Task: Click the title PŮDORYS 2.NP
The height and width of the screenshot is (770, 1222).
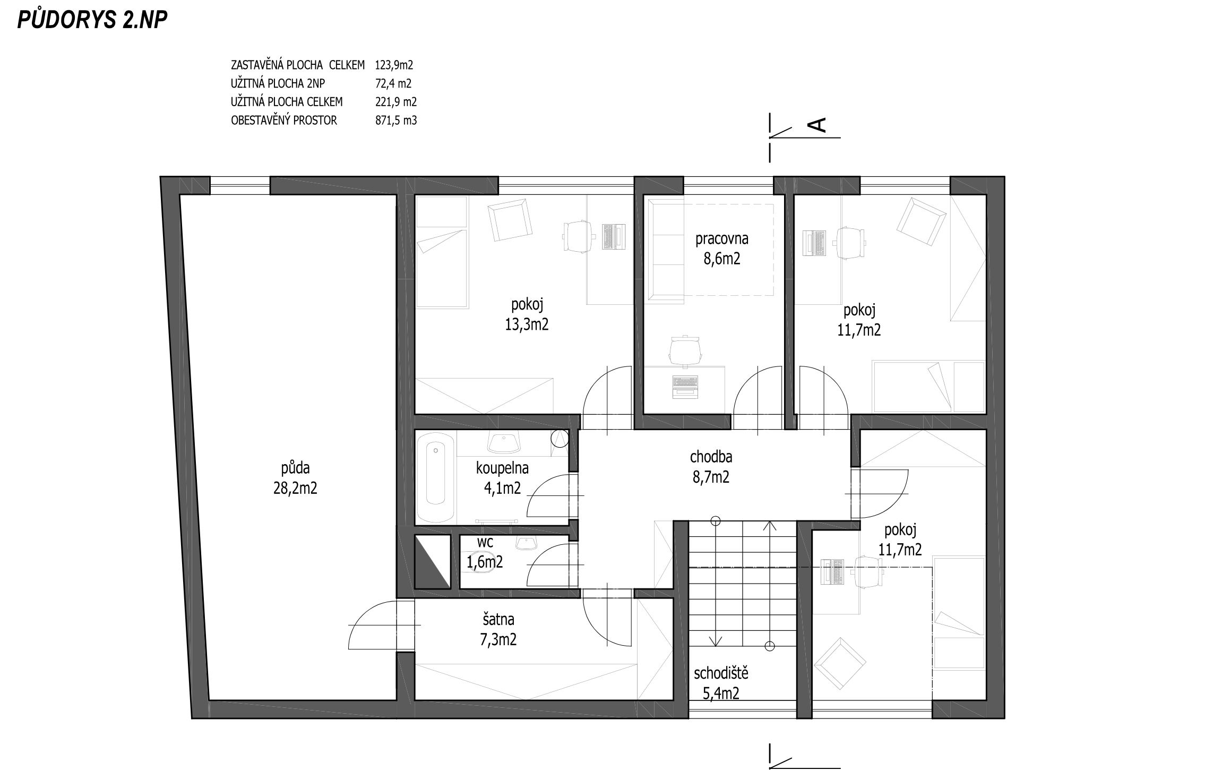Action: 92,19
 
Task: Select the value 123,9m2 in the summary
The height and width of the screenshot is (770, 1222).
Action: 394,65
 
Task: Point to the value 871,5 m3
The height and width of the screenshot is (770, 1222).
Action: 396,121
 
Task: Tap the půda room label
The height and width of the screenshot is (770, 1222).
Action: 295,468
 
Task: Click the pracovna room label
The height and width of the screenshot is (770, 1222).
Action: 722,239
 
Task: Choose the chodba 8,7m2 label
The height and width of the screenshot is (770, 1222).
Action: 711,467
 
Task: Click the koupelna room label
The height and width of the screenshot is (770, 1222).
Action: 502,468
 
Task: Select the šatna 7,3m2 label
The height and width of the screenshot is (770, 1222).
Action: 498,629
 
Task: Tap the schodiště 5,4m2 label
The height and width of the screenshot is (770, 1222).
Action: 721,683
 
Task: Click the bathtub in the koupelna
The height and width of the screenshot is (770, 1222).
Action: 436,476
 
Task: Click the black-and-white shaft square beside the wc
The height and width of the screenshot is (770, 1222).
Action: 432,561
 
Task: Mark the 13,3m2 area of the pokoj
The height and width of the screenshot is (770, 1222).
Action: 527,324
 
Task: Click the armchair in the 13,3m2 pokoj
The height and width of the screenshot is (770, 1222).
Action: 510,219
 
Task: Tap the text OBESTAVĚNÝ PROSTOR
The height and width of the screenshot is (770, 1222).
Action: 284,121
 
